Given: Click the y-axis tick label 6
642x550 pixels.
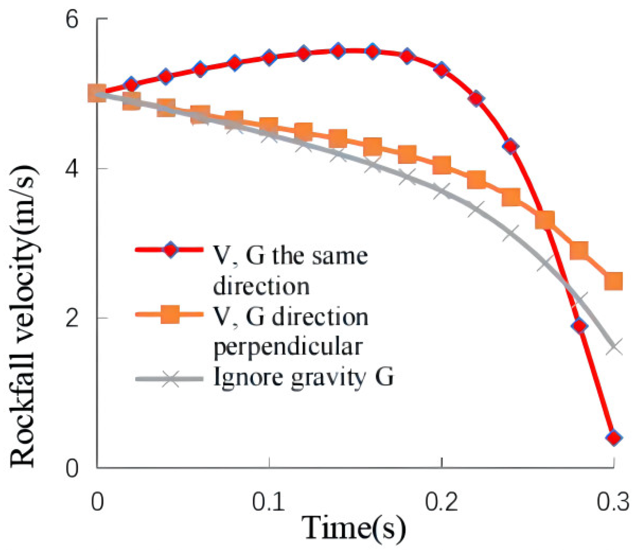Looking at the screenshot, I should tap(72, 19).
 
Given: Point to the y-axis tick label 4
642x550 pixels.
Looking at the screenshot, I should tap(72, 169).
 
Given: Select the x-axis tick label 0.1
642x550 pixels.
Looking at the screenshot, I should tap(269, 502).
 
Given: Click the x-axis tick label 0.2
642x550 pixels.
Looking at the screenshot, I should tap(442, 502).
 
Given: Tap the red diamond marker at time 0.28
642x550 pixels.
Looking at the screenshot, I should tap(579, 326).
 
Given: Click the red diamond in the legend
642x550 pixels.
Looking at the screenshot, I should tap(170, 250).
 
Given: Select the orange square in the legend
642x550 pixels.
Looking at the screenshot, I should tap(170, 314).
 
